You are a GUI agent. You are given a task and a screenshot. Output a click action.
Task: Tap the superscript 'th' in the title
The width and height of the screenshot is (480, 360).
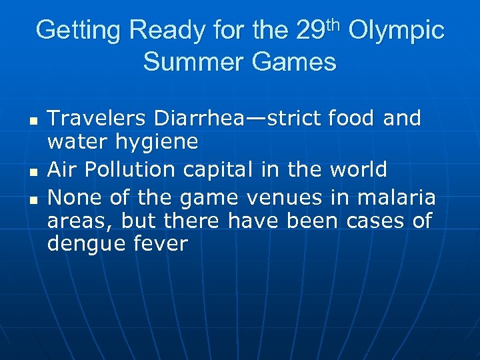click(333, 25)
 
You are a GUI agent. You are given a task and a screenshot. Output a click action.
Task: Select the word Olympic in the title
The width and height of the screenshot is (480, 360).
click(396, 31)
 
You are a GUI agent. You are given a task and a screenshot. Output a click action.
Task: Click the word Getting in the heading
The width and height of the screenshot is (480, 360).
click(79, 31)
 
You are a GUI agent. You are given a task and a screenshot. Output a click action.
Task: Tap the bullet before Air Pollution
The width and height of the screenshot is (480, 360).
click(32, 173)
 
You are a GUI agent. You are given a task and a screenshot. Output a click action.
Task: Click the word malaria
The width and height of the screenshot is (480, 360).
click(396, 197)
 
